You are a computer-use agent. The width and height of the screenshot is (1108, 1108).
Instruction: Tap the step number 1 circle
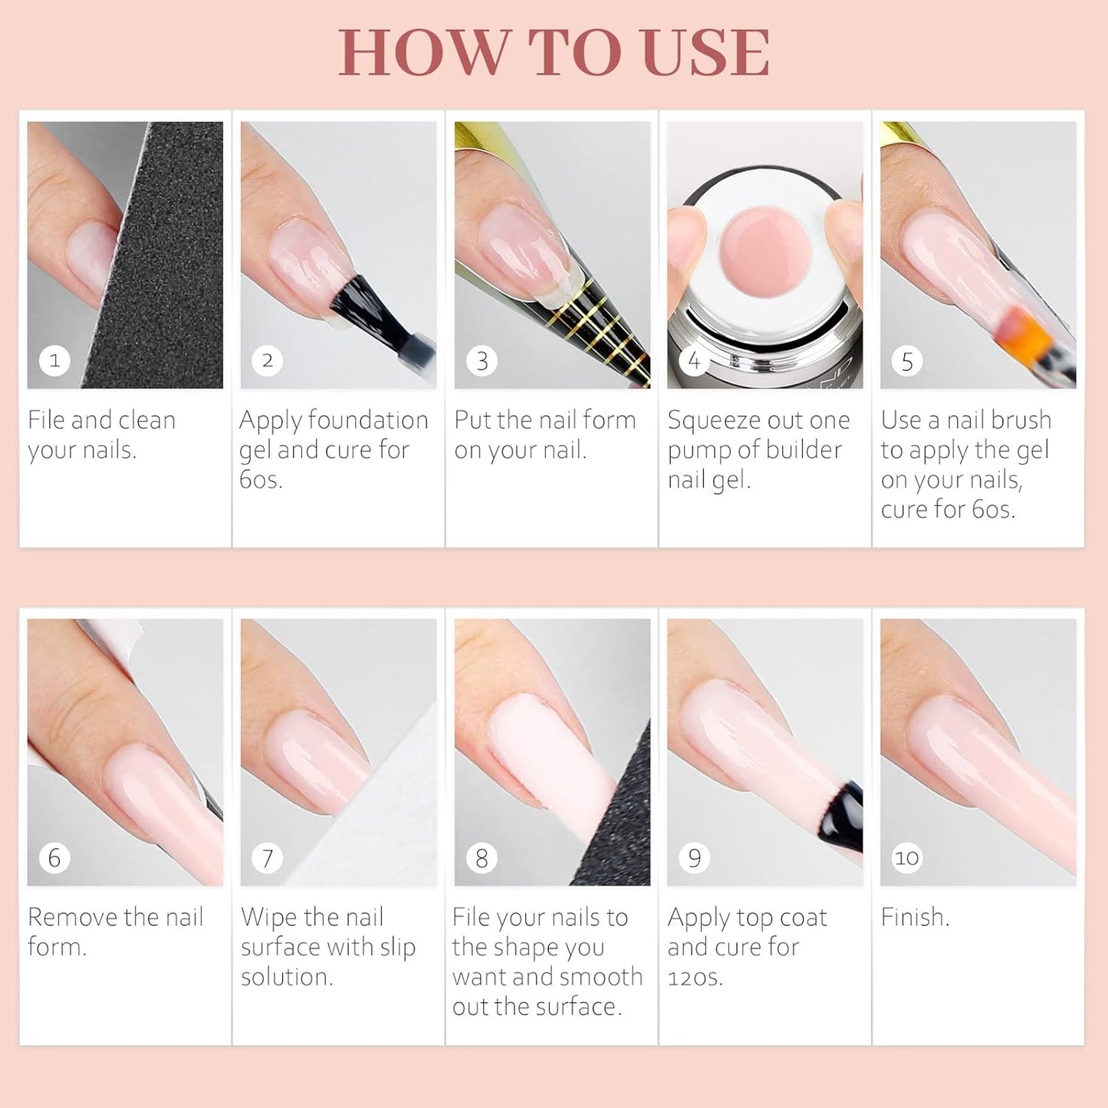(x=54, y=360)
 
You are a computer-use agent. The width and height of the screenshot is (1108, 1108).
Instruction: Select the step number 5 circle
(x=907, y=361)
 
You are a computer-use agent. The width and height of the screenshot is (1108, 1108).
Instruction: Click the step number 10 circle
(x=906, y=858)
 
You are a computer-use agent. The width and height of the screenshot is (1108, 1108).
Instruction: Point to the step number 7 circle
(x=268, y=858)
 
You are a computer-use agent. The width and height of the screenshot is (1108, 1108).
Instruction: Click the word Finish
(x=915, y=917)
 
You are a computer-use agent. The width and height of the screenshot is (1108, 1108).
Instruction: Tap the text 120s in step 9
(x=695, y=978)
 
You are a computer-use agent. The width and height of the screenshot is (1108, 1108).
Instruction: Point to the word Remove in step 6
(x=72, y=917)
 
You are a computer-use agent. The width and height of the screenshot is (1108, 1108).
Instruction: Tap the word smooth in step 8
(x=598, y=977)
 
